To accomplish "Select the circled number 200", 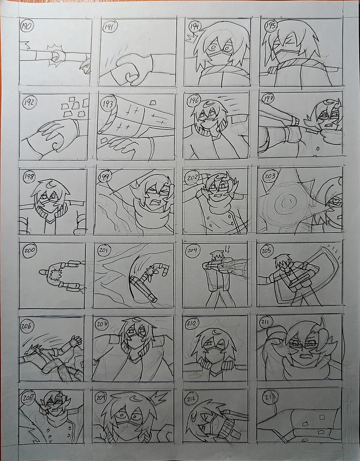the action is [x=29, y=250].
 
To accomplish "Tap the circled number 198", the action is [x=29, y=177].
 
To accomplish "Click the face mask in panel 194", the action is [x=218, y=59].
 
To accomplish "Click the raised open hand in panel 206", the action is [x=76, y=341].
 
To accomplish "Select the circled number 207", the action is [x=102, y=324].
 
